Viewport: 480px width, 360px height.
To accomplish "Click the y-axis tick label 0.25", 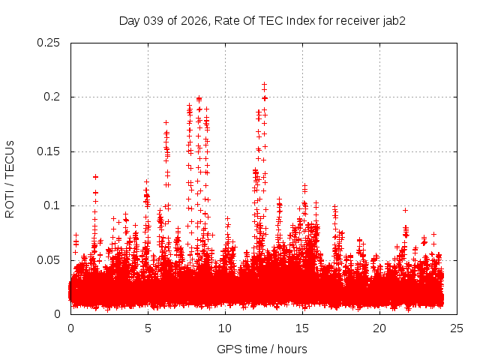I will (49, 43).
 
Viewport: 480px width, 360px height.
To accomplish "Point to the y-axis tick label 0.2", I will (52, 97).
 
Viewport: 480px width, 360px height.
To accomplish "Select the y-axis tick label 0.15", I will (49, 151).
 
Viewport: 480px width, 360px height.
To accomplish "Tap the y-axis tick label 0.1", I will (52, 205).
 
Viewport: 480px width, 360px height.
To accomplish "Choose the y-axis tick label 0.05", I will (49, 260).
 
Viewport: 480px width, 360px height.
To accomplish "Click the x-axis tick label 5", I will (148, 328).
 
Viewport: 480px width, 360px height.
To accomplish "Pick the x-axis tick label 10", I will (225, 328).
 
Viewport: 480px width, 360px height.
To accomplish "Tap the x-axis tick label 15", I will (302, 328).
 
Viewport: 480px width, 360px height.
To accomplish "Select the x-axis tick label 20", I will (379, 328).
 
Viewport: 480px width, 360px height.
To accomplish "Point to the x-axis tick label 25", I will (457, 328).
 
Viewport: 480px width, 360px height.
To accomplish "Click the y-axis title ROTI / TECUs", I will (10, 178).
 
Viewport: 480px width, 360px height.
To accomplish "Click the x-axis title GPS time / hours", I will (262, 349).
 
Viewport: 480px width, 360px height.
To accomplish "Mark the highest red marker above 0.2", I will (264, 85).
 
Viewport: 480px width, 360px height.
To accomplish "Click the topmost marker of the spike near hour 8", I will (199, 98).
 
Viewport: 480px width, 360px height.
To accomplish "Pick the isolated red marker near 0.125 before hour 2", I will (95, 177).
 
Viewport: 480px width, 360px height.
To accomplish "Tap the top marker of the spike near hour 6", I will (166, 121).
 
